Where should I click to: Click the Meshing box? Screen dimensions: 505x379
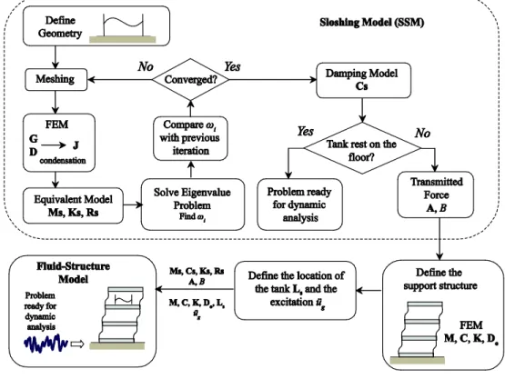click(56, 79)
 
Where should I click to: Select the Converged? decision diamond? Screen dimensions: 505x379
click(190, 79)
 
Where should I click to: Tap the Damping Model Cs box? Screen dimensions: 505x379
click(364, 80)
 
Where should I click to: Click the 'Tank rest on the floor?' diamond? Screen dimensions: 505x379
click(362, 148)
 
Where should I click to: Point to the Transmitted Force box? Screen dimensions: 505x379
click(436, 195)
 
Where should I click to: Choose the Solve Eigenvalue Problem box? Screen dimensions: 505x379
click(193, 204)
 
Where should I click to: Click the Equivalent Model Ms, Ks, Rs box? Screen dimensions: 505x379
click(73, 205)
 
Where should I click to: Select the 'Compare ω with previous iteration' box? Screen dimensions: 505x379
click(190, 138)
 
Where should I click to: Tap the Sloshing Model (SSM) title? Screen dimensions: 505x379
click(371, 23)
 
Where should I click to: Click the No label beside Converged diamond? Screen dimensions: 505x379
click(146, 66)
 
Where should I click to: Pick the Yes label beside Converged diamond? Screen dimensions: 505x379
click(232, 66)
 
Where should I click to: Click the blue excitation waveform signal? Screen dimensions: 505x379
click(46, 344)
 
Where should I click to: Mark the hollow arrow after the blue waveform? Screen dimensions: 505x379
click(77, 344)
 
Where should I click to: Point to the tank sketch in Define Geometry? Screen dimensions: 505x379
click(123, 28)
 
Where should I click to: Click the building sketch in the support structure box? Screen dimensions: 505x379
click(418, 333)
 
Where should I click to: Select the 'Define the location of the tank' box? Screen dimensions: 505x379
click(296, 290)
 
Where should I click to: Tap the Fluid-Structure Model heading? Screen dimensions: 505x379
click(73, 272)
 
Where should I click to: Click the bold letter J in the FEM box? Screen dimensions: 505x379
click(76, 145)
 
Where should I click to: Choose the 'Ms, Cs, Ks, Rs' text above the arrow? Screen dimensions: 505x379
click(197, 271)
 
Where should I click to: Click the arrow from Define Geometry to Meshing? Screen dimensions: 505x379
click(56, 57)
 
